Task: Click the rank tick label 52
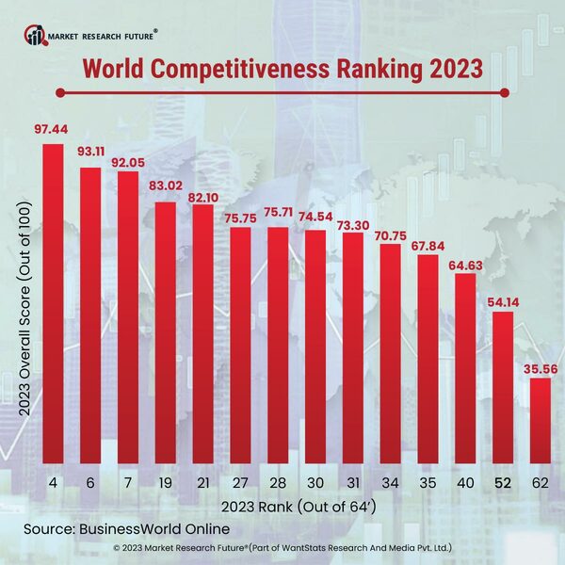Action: click(x=504, y=483)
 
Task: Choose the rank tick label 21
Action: click(x=202, y=483)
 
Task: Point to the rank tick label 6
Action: click(x=90, y=483)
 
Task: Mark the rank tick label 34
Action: click(x=391, y=483)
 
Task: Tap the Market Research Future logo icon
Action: click(x=35, y=37)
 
